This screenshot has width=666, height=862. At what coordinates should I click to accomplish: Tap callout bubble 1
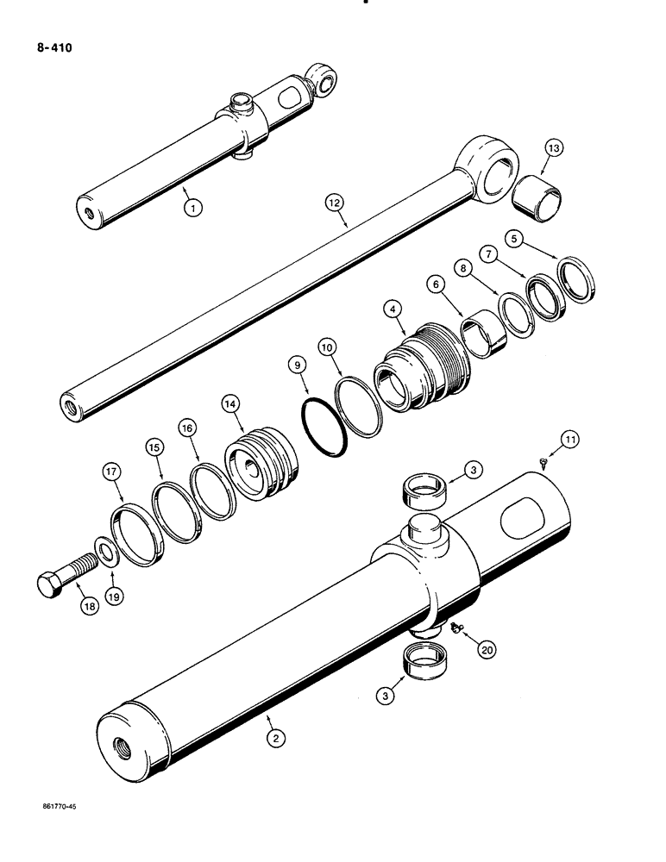(196, 207)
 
